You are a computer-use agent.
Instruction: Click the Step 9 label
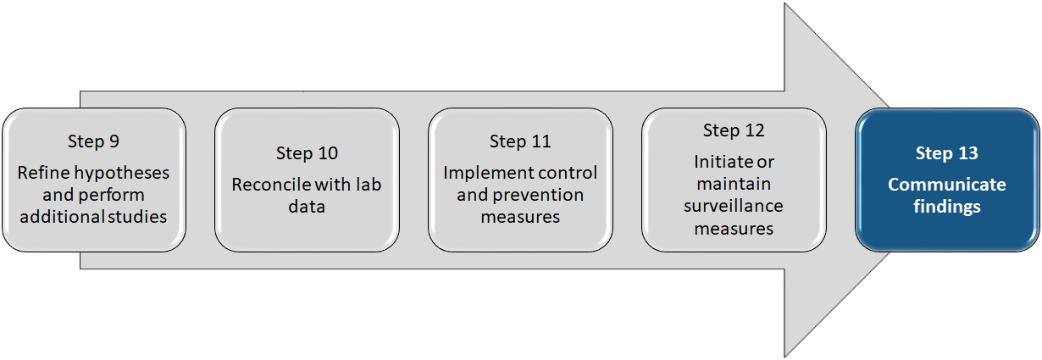click(93, 141)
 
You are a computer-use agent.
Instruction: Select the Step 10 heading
click(307, 153)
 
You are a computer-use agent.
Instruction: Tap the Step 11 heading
click(520, 141)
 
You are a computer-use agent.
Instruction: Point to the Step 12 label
click(734, 130)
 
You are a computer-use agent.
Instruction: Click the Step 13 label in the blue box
click(947, 153)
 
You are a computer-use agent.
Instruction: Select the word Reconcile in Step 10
click(268, 185)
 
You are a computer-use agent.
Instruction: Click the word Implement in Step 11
click(482, 173)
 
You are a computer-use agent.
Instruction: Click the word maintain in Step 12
click(734, 184)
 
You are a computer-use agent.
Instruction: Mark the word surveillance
click(734, 206)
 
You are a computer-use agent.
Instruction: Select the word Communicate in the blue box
click(947, 185)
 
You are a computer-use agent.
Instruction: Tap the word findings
click(947, 206)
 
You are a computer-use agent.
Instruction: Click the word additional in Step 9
click(82, 216)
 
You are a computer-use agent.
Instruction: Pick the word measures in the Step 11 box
click(520, 217)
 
